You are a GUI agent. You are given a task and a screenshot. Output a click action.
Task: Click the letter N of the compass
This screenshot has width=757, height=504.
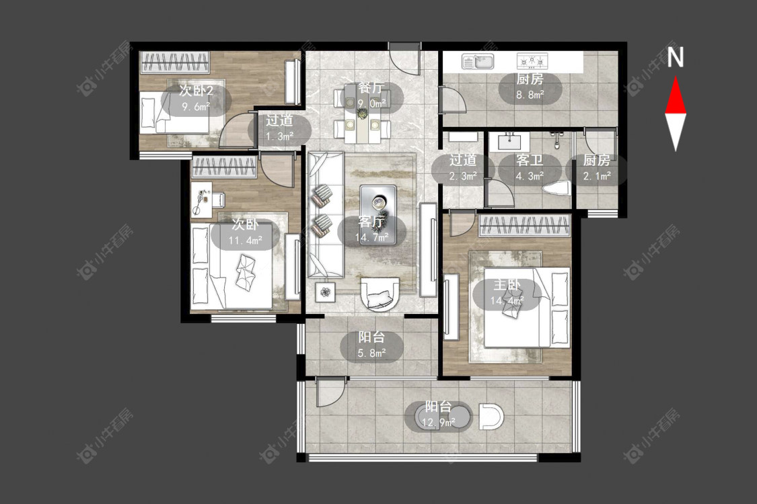(x=676, y=57)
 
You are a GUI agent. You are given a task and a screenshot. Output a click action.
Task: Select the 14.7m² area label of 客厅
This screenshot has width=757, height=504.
(x=371, y=237)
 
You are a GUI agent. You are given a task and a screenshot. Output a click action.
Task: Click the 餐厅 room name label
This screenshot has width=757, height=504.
(x=371, y=88)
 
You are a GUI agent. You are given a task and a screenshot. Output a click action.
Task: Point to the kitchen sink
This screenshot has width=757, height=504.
(x=478, y=61)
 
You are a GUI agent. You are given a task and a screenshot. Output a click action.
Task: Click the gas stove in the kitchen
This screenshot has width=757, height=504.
(x=532, y=60)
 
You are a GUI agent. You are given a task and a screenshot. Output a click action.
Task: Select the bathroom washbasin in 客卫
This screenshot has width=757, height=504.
(x=509, y=141)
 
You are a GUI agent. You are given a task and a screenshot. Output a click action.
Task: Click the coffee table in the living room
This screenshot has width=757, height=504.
(x=378, y=214)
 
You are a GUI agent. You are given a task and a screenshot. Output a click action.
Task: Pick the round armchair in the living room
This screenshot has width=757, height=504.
(x=380, y=293)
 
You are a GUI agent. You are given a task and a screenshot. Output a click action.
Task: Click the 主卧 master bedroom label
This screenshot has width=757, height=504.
(x=507, y=285)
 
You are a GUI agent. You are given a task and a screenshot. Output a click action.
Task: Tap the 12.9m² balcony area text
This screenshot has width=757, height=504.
(x=438, y=423)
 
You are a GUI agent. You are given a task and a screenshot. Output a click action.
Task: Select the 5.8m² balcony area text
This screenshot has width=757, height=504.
(x=371, y=353)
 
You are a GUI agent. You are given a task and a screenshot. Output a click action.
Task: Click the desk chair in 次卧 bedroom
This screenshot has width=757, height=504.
(x=219, y=198)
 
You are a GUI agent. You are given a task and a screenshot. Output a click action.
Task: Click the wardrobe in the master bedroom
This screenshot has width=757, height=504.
(x=524, y=226)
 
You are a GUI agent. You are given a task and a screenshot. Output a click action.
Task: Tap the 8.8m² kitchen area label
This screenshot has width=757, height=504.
(x=530, y=95)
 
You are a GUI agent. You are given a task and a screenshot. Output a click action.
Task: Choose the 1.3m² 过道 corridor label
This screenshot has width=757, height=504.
(x=279, y=136)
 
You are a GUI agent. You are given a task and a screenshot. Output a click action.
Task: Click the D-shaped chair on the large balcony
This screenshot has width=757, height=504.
(x=491, y=417)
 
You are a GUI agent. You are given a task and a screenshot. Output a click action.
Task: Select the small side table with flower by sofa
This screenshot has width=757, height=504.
(x=326, y=291)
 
